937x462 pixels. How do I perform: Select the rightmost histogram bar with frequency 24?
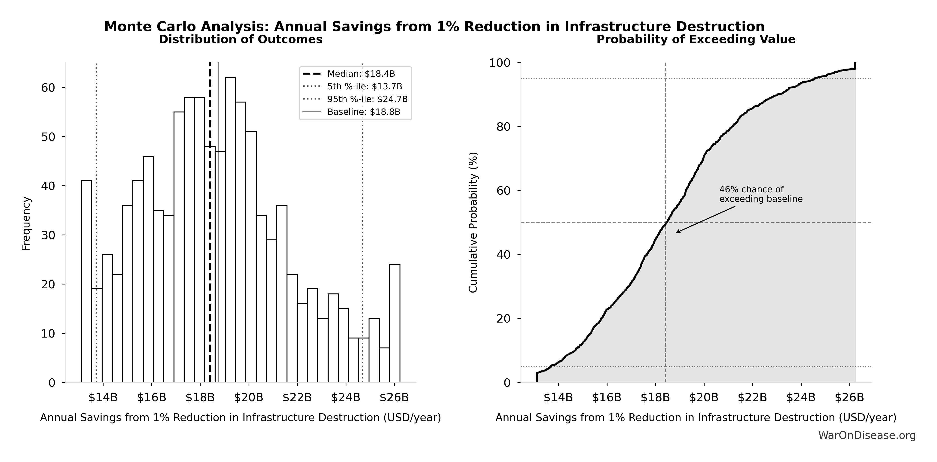[395, 323]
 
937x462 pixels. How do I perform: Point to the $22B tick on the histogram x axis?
[297, 398]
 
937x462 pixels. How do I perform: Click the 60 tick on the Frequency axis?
[48, 88]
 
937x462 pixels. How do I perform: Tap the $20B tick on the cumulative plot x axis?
[704, 398]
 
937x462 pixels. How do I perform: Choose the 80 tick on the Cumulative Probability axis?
[504, 127]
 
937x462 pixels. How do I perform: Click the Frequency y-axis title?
[26, 223]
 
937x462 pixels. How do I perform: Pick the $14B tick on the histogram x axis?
[103, 398]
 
